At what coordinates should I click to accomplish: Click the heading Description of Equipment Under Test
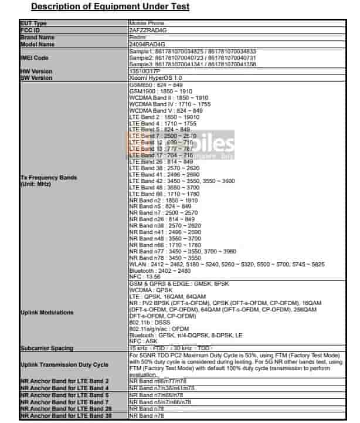click(x=110, y=6)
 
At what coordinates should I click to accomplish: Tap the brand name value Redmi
click(x=135, y=36)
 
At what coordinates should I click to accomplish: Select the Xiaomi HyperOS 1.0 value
click(x=155, y=77)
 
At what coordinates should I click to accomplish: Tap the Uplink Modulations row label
click(x=47, y=312)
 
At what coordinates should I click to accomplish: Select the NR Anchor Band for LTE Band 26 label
click(x=64, y=410)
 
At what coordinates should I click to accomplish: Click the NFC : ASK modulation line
click(x=143, y=341)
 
